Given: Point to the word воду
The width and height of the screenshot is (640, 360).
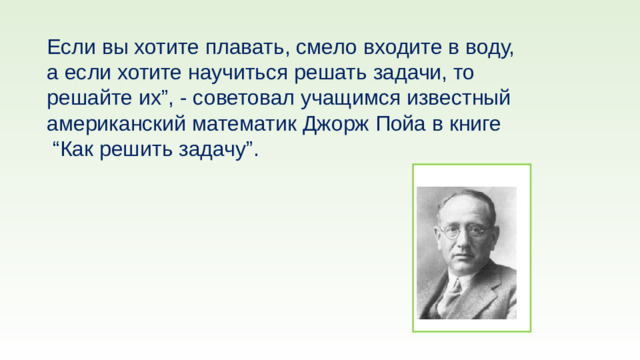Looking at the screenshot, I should [x=489, y=48].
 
